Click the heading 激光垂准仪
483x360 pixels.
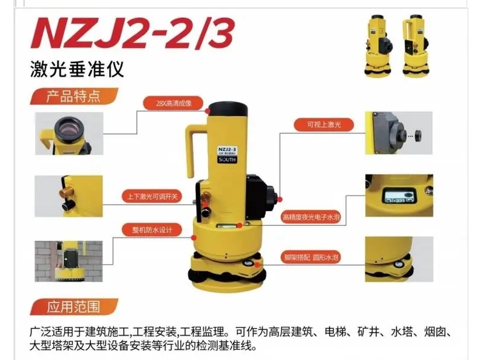coord(77,69)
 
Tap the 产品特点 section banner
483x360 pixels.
coord(73,97)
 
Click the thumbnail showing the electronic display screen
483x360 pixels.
coord(399,195)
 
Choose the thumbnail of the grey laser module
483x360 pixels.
coord(399,132)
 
